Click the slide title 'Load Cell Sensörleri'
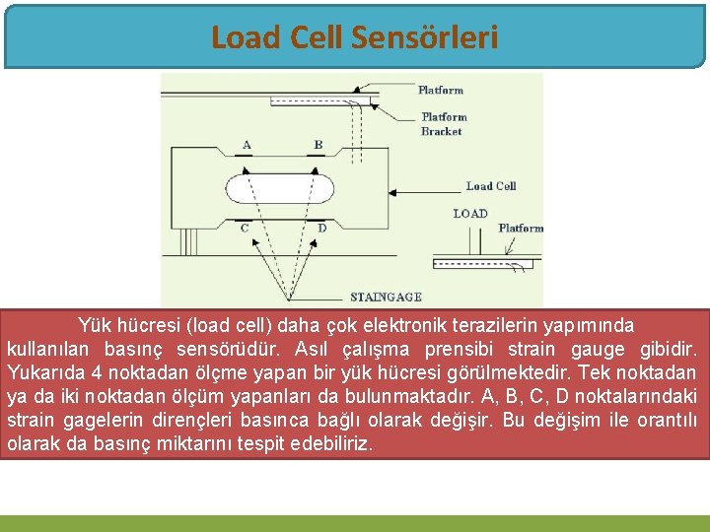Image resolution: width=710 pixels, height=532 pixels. (x=354, y=37)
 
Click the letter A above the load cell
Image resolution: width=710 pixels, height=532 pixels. (x=247, y=145)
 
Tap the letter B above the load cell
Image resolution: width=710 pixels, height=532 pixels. (x=318, y=145)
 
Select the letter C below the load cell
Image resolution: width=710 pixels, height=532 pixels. (x=245, y=229)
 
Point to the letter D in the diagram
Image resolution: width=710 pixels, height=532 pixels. (x=321, y=229)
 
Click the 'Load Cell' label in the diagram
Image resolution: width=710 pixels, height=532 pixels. (x=491, y=185)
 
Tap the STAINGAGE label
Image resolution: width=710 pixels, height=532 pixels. (x=386, y=297)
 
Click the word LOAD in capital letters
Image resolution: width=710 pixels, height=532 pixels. (x=470, y=213)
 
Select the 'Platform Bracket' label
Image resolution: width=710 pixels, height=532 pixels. (x=444, y=124)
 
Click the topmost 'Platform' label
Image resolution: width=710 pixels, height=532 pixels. (x=441, y=90)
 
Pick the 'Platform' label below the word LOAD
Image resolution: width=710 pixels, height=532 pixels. (x=520, y=228)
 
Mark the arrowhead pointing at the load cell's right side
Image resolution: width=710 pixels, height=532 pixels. (x=394, y=191)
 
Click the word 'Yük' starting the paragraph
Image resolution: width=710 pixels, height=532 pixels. (x=94, y=325)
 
